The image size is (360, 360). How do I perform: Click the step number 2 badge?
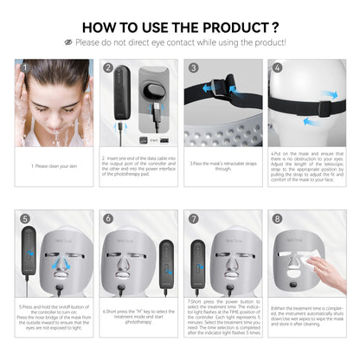pyautogui.click(x=109, y=67)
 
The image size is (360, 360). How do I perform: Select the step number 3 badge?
pyautogui.click(x=194, y=67)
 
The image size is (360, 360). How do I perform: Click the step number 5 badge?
pyautogui.click(x=24, y=219)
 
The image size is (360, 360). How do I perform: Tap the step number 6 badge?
pyautogui.click(x=109, y=219)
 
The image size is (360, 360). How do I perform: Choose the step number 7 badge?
pyautogui.click(x=194, y=219)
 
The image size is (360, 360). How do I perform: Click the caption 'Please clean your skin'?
pyautogui.click(x=55, y=166)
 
